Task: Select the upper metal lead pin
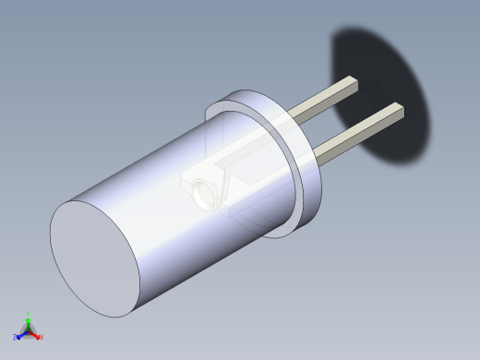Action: (323, 99)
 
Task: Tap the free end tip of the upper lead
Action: (351, 84)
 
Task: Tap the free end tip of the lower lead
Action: (397, 110)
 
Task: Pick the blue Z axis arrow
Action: (21, 335)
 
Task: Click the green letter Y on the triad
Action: (29, 314)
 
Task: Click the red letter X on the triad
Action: (42, 337)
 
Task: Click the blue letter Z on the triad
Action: (16, 338)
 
